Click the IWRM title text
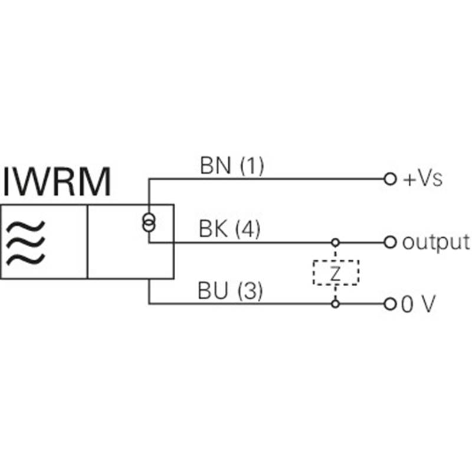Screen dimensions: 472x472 pos(57,182)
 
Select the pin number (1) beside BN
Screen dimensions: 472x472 pos(252,166)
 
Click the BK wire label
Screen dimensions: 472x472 pos(213,229)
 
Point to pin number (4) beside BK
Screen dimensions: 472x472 pos(247,230)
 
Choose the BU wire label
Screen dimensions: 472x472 pos(212,291)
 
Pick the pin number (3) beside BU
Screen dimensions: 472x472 pos(250,291)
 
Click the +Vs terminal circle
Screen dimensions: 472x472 pos(390,179)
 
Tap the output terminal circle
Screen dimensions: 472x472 pos(390,242)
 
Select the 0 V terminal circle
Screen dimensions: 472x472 pos(390,304)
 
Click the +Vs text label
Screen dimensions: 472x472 pos(422,179)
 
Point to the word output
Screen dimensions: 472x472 pos(436,242)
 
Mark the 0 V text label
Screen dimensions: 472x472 pos(418,304)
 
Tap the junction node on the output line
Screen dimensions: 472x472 pos(335,242)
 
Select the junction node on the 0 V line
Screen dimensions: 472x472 pos(335,304)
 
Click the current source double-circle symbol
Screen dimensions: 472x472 pos(149,222)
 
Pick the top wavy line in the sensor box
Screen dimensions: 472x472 pos(25,227)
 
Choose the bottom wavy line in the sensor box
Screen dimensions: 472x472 pos(25,260)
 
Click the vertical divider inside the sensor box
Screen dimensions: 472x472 pos(87,242)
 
